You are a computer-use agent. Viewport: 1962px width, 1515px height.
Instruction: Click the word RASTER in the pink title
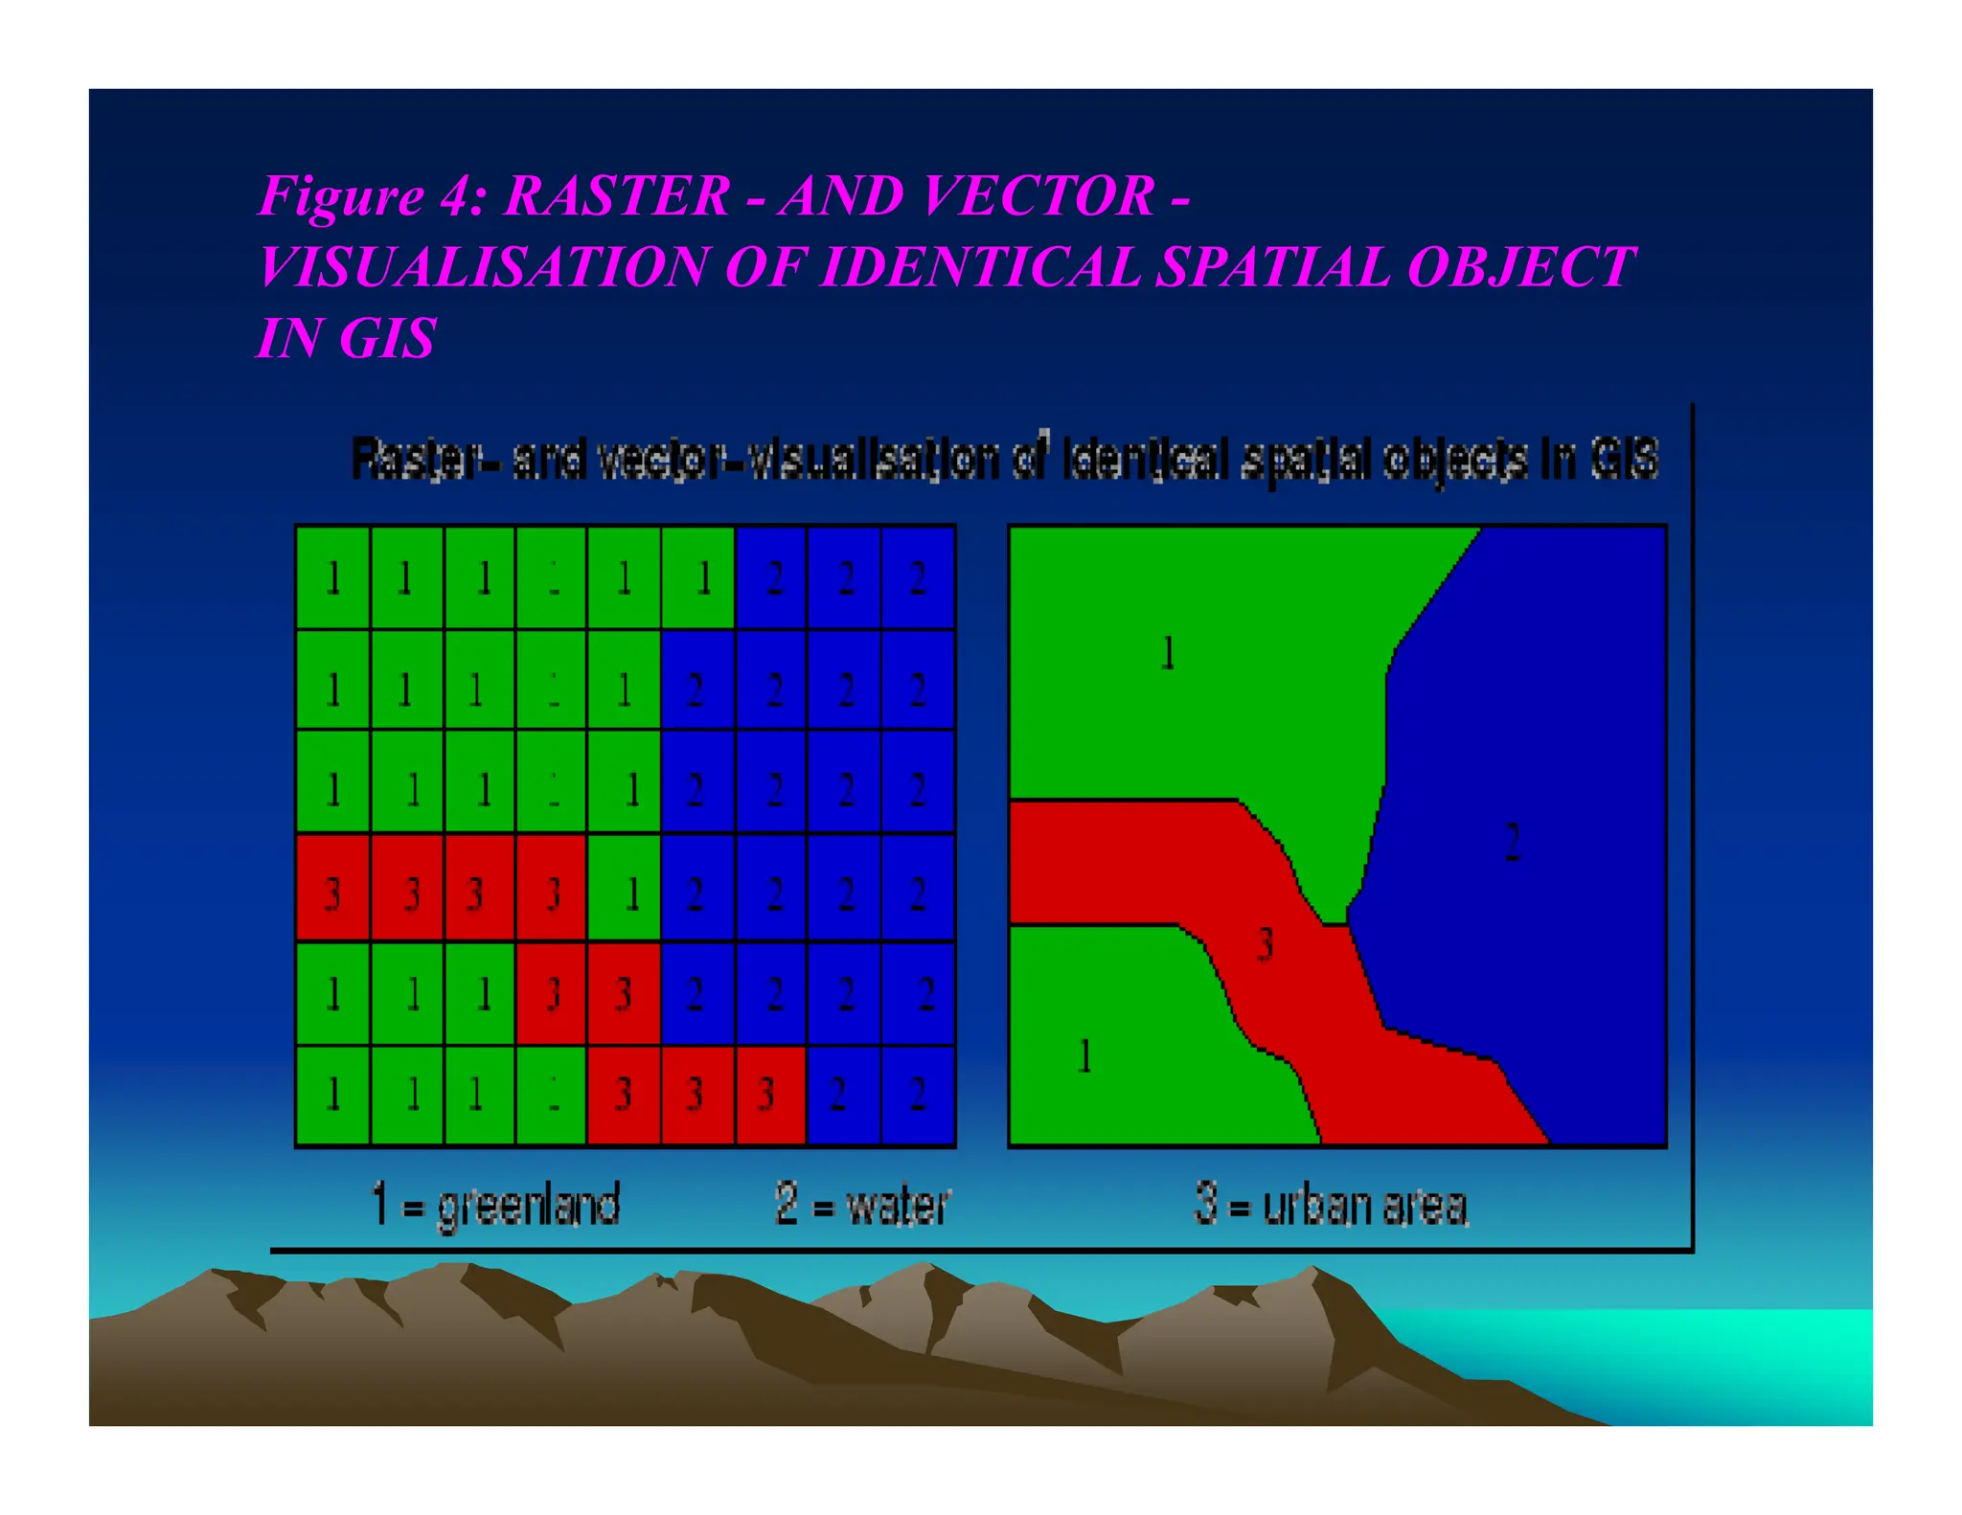616,196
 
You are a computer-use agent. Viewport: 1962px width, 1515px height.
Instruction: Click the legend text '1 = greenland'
495,1205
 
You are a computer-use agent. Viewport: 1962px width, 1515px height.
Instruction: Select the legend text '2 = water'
862,1205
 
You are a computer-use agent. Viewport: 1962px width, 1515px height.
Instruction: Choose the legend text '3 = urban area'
1332,1205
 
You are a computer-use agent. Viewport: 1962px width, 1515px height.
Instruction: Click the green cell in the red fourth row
624,888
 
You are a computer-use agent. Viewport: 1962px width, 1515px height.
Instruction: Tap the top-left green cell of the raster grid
333,577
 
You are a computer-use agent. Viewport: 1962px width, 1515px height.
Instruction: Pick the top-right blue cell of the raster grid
918,577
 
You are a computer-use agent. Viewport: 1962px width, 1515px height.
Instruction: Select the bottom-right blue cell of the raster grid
918,1095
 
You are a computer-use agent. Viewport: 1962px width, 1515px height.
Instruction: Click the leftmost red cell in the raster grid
333,888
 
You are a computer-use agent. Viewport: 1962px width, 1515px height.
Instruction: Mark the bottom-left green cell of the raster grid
333,1095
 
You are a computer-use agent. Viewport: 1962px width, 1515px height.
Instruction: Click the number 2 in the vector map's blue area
1512,843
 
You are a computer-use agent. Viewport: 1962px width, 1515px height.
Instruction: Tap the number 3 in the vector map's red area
1265,944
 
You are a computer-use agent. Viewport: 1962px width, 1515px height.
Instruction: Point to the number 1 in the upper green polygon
1168,654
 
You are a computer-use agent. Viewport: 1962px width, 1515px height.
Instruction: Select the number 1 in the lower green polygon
1084,1056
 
